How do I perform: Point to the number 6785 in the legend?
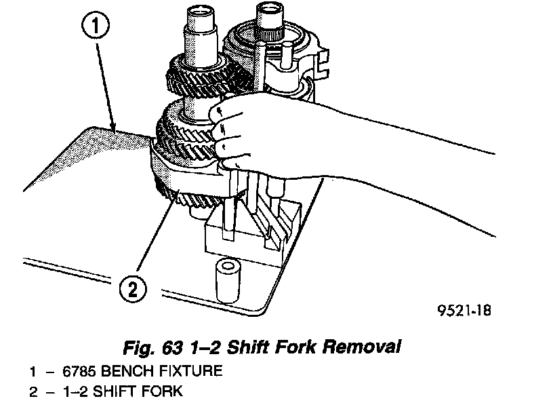pyautogui.click(x=75, y=371)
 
